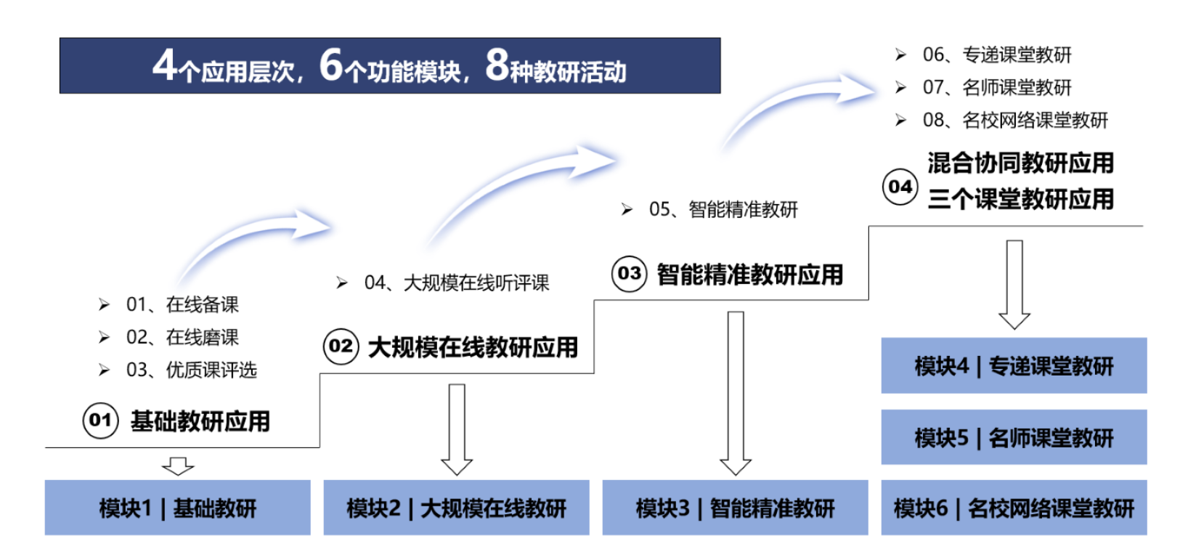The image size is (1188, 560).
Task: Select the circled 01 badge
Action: point(100,421)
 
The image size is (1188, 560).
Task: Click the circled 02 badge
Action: point(341,346)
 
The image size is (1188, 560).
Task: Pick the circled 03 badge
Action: point(629,274)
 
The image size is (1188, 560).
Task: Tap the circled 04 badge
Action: point(900,187)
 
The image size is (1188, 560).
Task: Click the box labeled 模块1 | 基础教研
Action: point(178,508)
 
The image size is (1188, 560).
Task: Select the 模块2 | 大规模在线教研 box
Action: point(456,508)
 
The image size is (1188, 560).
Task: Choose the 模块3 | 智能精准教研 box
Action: point(735,508)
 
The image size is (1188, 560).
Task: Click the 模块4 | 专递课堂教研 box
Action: point(1014,365)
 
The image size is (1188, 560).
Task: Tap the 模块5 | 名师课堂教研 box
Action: point(1014,437)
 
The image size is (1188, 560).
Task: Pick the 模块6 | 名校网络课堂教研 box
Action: point(1014,508)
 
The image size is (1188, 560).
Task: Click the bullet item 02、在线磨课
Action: point(182,337)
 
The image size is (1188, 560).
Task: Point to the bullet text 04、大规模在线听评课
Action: point(456,283)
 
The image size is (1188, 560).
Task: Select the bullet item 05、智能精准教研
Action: point(723,210)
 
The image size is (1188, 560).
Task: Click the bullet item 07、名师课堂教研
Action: point(997,88)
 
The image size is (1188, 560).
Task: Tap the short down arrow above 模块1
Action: point(178,465)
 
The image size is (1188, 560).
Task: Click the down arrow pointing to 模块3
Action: point(736,392)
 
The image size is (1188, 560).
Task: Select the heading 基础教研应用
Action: point(200,421)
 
